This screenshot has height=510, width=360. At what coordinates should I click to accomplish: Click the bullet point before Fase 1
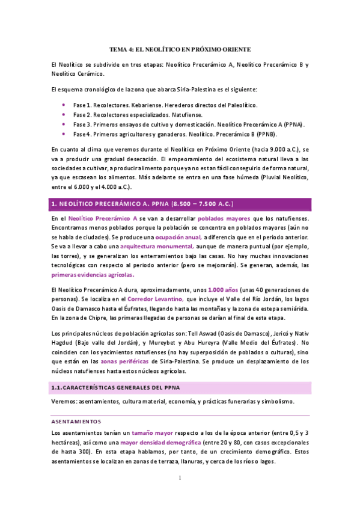[64, 105]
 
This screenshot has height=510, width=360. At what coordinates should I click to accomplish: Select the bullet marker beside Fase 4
[64, 134]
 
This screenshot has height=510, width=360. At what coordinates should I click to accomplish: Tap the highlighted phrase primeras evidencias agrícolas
[93, 275]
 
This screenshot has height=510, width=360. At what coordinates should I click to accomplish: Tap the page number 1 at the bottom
[180, 478]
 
